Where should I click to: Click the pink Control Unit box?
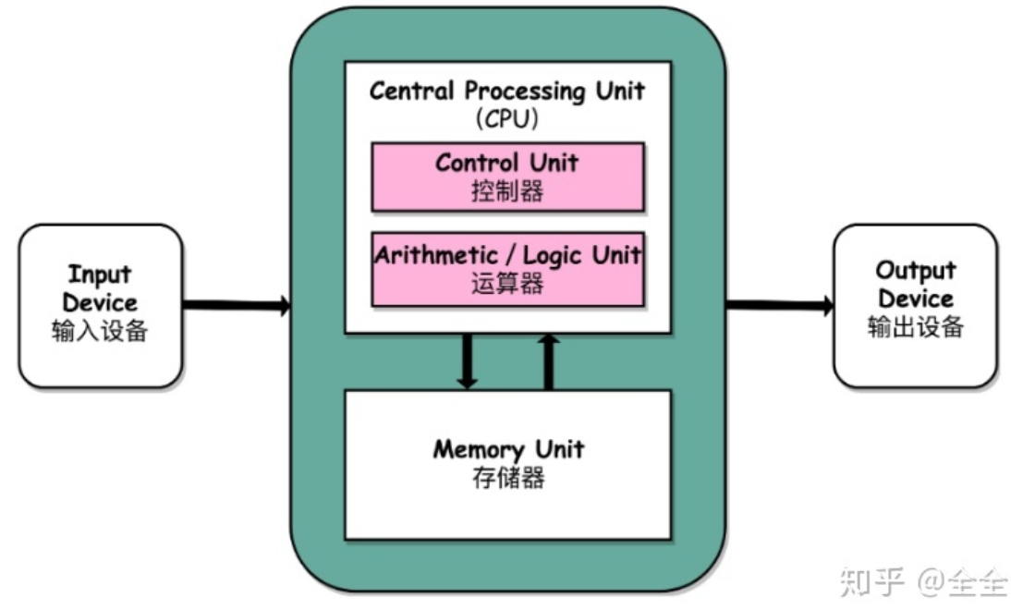[x=507, y=177]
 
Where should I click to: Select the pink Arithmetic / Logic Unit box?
[x=507, y=269]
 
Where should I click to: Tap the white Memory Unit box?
[x=507, y=465]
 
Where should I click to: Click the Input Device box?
[x=100, y=305]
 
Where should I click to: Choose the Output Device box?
[x=915, y=305]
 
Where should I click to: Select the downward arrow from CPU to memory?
[x=468, y=360]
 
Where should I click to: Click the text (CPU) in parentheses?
[x=507, y=118]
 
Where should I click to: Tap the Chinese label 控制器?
[x=507, y=191]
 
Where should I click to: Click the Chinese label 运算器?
[x=507, y=284]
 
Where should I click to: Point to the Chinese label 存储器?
[x=507, y=478]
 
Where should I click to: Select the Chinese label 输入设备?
[x=100, y=331]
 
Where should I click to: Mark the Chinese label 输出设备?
[x=915, y=327]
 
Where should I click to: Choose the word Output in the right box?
[x=915, y=271]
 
